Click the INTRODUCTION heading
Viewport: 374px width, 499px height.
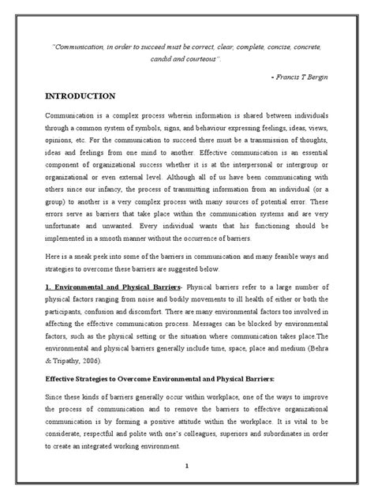pos(79,96)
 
